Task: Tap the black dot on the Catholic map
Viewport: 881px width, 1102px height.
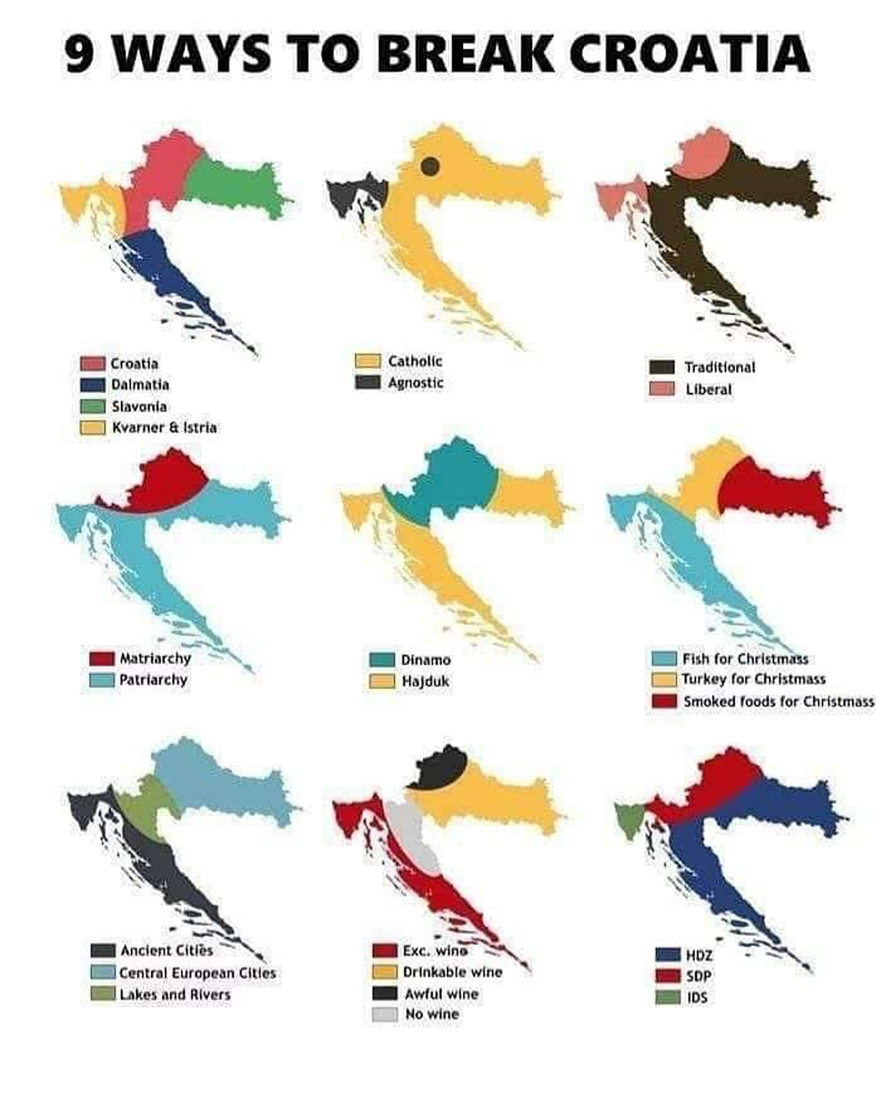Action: coord(430,166)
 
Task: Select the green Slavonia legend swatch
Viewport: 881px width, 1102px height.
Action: coord(93,406)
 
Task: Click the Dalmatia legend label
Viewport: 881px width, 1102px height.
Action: coord(140,385)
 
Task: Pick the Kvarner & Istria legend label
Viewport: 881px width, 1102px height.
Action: coord(164,428)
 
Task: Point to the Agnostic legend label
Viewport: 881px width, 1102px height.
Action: coord(415,383)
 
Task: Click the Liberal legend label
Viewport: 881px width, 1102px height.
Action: coord(709,390)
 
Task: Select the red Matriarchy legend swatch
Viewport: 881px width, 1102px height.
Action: coord(101,659)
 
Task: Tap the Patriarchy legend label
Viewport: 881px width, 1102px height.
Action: coord(153,680)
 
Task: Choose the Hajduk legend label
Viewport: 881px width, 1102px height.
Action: coord(425,681)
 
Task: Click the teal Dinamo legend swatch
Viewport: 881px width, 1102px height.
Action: coord(381,660)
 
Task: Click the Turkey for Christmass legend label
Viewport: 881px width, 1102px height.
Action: coord(754,679)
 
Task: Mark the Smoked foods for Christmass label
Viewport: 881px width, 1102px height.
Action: coord(778,702)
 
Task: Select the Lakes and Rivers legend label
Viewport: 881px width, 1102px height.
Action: coord(175,995)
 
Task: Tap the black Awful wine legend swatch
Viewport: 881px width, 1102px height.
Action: coord(384,994)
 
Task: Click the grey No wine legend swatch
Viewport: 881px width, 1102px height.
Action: coord(384,1014)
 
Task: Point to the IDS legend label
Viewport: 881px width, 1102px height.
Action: coord(697,997)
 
